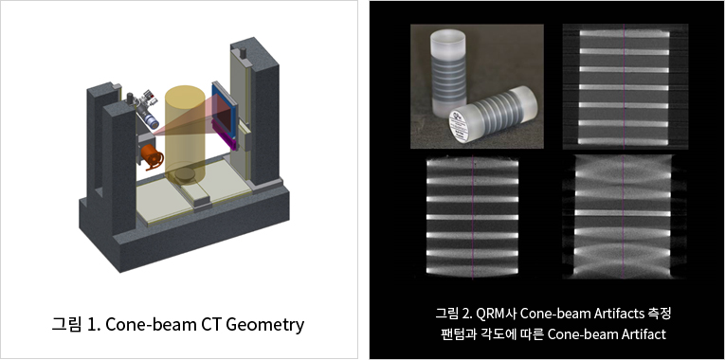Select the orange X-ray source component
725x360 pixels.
point(150,156)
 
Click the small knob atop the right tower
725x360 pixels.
point(244,45)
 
